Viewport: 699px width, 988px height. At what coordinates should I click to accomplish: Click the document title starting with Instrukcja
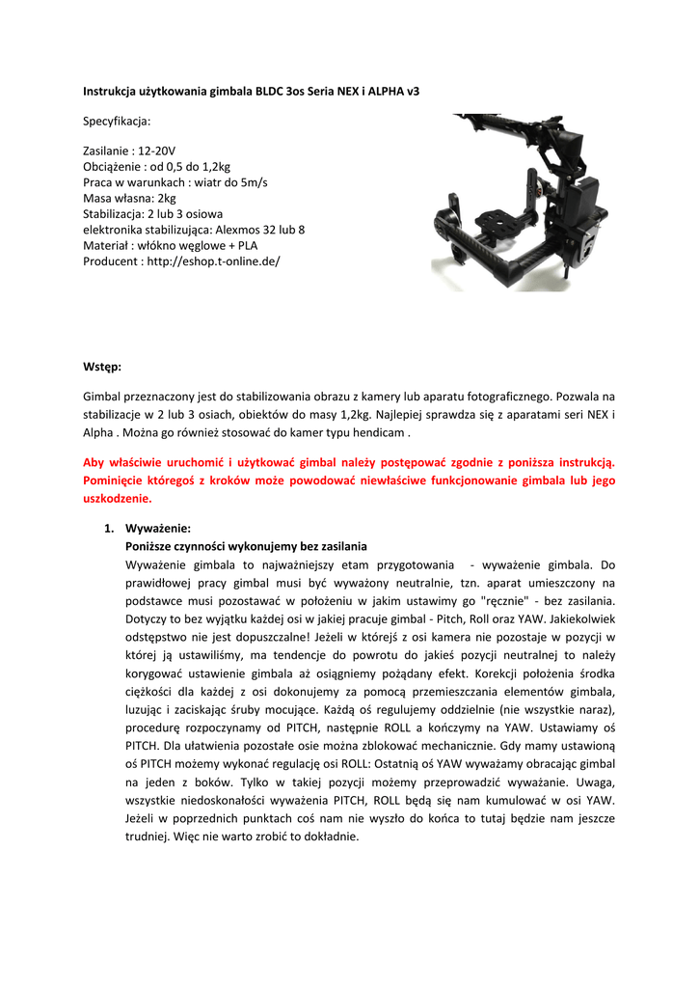coord(251,91)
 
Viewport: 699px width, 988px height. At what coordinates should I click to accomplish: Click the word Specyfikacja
coord(117,122)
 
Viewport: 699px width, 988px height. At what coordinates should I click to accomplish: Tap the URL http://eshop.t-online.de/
coord(213,261)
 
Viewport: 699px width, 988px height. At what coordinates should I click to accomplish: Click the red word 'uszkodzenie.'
coord(118,499)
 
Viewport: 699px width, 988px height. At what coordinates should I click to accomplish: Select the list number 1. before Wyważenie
coord(109,529)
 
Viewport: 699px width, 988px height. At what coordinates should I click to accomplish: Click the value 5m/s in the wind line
coord(251,183)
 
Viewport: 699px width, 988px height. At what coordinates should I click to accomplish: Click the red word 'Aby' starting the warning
coord(94,463)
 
